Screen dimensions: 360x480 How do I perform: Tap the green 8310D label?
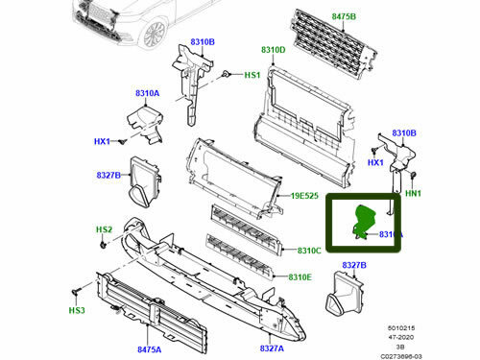[x=274, y=49]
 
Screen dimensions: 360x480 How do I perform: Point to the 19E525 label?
[x=304, y=196]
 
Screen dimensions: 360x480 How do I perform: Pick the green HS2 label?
[x=104, y=230]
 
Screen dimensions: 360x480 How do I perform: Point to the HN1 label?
[x=414, y=193]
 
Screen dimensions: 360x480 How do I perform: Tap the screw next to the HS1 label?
[x=225, y=73]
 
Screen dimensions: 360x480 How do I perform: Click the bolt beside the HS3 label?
[x=74, y=290]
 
